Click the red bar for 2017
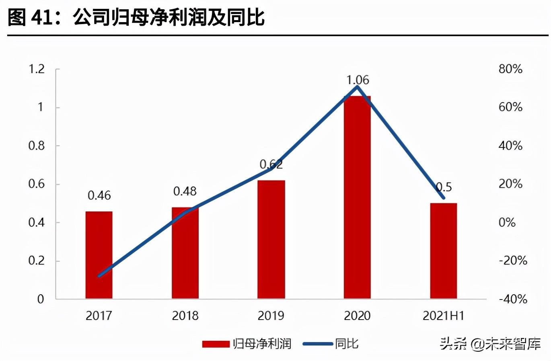(99, 255)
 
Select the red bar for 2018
(185, 253)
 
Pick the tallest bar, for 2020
(357, 197)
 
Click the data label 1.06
(358, 80)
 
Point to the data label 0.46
(99, 196)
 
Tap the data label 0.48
(185, 191)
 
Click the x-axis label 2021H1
(443, 316)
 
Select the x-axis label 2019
(271, 316)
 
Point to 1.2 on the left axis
(37, 69)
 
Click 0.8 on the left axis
(37, 146)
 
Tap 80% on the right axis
(510, 69)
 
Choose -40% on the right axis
(513, 299)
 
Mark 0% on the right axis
(507, 222)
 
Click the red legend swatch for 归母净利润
(216, 344)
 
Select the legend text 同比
(347, 344)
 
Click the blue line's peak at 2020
(357, 87)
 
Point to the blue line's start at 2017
(99, 276)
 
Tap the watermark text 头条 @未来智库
(490, 344)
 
